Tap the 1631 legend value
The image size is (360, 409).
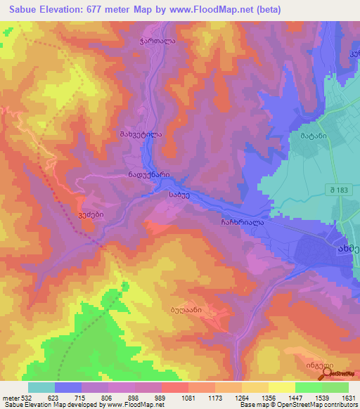coord(348,397)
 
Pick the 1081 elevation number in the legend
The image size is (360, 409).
coord(188,397)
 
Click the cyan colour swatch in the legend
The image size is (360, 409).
coord(41,387)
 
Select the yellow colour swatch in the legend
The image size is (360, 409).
coord(281,387)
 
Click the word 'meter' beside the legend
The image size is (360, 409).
coord(10,397)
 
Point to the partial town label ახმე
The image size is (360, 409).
coord(347,249)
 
